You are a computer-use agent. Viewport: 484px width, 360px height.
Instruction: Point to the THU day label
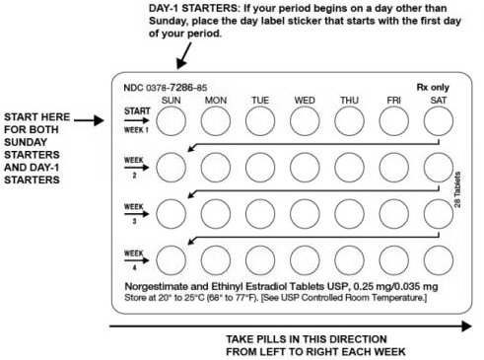pyautogui.click(x=349, y=101)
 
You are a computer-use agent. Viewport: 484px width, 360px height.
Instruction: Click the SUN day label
pyautogui.click(x=171, y=101)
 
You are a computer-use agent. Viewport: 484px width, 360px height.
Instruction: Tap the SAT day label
pyautogui.click(x=439, y=101)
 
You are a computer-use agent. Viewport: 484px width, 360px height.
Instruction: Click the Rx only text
pyautogui.click(x=433, y=88)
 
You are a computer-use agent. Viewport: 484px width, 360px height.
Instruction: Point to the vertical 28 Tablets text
pyautogui.click(x=457, y=189)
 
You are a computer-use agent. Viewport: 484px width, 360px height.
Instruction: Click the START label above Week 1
pyautogui.click(x=137, y=111)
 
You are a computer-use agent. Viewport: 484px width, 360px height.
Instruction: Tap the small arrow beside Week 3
pyautogui.click(x=136, y=214)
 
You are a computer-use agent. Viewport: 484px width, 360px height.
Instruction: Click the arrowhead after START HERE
pyautogui.click(x=99, y=120)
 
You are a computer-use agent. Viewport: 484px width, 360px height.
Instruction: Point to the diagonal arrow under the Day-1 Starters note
pyautogui.click(x=184, y=56)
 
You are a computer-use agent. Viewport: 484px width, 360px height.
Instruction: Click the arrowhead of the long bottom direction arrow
pyautogui.click(x=466, y=326)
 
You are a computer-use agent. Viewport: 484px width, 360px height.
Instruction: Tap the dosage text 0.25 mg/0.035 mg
pyautogui.click(x=395, y=287)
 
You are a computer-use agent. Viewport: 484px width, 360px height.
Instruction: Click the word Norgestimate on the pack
pyautogui.click(x=152, y=287)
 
